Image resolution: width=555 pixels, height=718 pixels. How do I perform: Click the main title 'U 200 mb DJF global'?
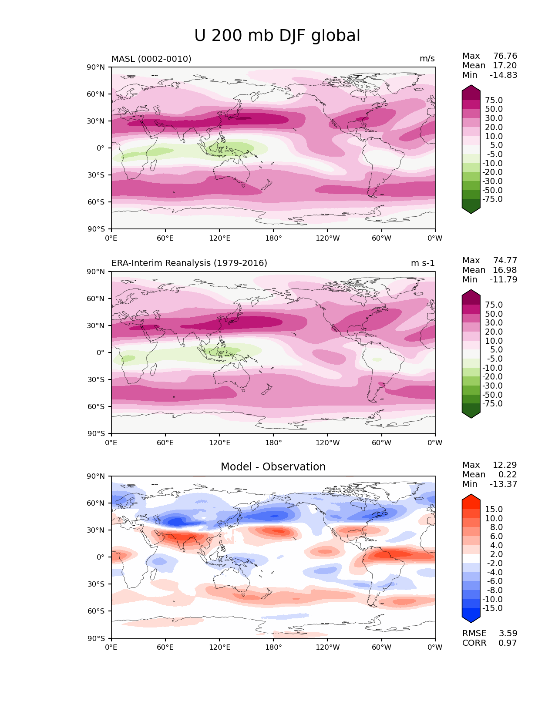click(x=277, y=36)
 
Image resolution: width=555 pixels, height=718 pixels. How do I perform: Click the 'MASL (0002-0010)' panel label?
click(x=151, y=59)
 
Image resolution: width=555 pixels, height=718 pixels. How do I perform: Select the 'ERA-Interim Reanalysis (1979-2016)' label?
click(x=189, y=263)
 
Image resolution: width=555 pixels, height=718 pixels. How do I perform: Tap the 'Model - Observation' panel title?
click(x=273, y=467)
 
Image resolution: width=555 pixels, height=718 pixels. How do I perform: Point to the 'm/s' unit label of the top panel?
click(x=427, y=59)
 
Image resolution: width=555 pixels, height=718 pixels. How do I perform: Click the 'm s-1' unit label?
click(x=423, y=263)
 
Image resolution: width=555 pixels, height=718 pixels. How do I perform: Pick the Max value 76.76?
click(x=505, y=56)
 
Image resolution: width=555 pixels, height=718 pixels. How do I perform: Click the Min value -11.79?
click(x=504, y=280)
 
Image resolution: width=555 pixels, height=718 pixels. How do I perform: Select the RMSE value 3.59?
click(x=508, y=634)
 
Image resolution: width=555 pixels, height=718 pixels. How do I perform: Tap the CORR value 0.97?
click(x=508, y=643)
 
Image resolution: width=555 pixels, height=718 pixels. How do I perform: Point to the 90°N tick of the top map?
click(x=96, y=67)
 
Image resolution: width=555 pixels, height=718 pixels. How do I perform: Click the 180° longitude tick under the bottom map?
click(x=273, y=648)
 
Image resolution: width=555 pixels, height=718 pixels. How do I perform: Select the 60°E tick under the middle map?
click(x=165, y=443)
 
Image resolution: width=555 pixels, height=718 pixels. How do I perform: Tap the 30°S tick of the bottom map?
click(x=96, y=584)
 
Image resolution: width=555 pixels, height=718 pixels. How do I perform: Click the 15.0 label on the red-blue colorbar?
click(x=494, y=510)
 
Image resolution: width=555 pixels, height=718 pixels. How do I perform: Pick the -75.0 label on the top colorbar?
click(x=492, y=199)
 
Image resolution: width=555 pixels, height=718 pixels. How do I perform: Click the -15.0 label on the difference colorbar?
click(x=492, y=608)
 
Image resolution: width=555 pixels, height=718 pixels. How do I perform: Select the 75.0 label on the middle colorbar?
click(x=494, y=305)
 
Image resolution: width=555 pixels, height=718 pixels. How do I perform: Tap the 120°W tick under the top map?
click(x=328, y=238)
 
